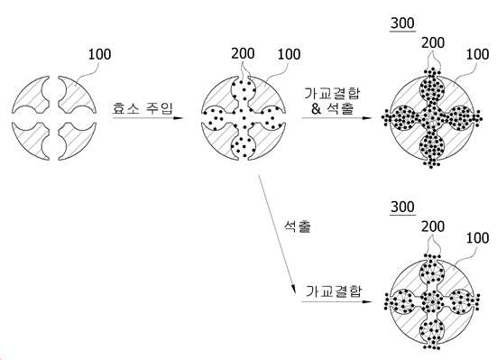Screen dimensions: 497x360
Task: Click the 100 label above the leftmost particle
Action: [x=99, y=54]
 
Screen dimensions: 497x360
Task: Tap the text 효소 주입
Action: [x=143, y=108]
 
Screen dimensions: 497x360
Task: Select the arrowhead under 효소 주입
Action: [x=179, y=118]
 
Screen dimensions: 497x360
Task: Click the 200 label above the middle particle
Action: [x=243, y=53]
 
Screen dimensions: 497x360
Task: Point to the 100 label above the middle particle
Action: [x=289, y=54]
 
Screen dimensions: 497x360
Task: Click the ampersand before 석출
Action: [x=316, y=109]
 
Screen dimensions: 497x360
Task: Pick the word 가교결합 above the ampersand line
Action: [x=332, y=93]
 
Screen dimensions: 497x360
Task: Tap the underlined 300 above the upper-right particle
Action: [x=402, y=23]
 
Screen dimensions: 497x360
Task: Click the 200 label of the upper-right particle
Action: [x=433, y=42]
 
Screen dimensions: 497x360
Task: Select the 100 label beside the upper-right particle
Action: [x=477, y=54]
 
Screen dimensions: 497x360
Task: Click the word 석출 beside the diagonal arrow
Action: [x=298, y=226]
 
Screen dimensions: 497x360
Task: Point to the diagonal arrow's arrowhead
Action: [x=293, y=290]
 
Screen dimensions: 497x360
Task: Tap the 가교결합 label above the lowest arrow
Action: [x=334, y=291]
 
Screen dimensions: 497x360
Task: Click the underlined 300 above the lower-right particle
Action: [x=402, y=208]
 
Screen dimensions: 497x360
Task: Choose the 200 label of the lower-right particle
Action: [x=433, y=226]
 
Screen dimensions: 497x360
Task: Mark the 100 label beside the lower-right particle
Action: [x=477, y=238]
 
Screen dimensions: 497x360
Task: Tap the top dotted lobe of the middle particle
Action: [x=244, y=88]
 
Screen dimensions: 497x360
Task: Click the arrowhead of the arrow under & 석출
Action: [x=367, y=118]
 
